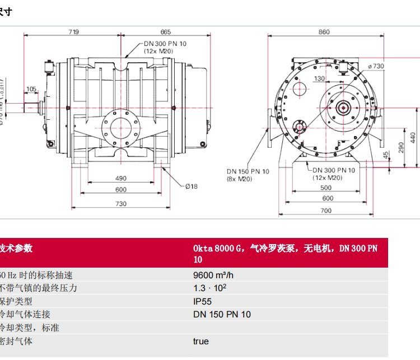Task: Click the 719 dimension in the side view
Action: click(x=73, y=31)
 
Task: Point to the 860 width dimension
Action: click(x=324, y=31)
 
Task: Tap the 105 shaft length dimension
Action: click(x=31, y=88)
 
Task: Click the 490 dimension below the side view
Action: click(x=121, y=178)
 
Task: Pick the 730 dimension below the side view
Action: click(x=121, y=204)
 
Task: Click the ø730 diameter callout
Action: click(x=376, y=66)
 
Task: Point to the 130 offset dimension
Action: click(x=319, y=78)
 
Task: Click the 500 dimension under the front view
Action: click(x=326, y=188)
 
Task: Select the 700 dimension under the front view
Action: click(x=326, y=211)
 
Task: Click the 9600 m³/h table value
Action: click(x=213, y=275)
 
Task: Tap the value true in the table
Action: click(x=201, y=341)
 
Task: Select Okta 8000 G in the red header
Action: click(x=218, y=248)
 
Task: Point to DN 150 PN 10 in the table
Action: click(x=222, y=315)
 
